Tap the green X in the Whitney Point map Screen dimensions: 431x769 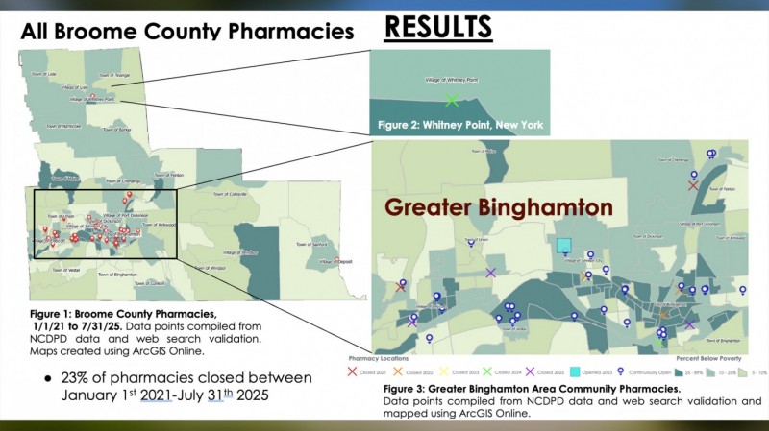click(x=452, y=99)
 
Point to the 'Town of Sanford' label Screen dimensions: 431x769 click(x=312, y=245)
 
